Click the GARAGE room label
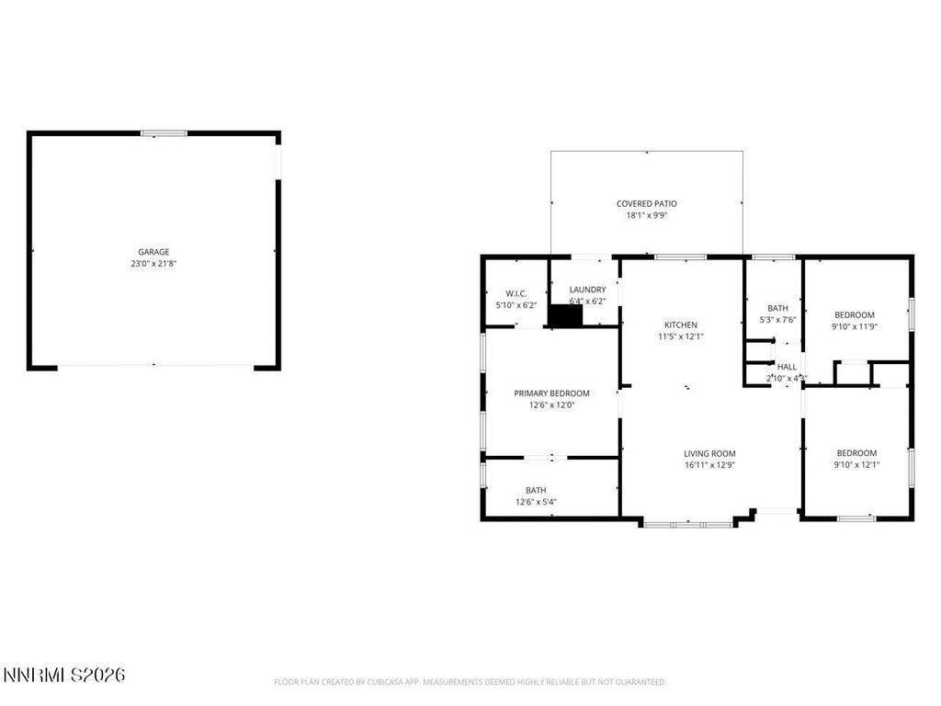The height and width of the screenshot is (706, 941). (x=153, y=251)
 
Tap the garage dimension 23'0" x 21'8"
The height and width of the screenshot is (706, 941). (x=153, y=264)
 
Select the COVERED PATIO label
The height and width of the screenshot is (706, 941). (x=646, y=203)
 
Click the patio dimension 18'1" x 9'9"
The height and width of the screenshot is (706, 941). (x=646, y=216)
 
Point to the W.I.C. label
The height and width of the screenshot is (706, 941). (x=515, y=293)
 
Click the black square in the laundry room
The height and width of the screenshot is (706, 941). (x=565, y=315)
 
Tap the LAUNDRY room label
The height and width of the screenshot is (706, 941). (x=587, y=290)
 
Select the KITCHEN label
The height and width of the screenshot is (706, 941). (x=681, y=325)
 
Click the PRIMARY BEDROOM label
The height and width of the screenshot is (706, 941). (x=551, y=393)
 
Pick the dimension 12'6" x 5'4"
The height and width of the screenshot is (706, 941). (x=535, y=502)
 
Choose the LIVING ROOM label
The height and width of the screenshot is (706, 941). (x=709, y=453)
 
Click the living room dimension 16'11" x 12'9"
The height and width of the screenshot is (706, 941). (x=709, y=465)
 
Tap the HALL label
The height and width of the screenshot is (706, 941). (x=787, y=366)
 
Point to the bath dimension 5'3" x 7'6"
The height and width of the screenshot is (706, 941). (x=777, y=320)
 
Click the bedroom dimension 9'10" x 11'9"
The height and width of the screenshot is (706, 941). (x=855, y=326)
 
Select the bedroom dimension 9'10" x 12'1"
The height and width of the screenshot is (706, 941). (x=856, y=464)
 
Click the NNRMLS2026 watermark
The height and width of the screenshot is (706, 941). (x=64, y=676)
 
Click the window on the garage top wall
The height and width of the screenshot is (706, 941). (x=164, y=134)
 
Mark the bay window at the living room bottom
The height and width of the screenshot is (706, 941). (x=688, y=524)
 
